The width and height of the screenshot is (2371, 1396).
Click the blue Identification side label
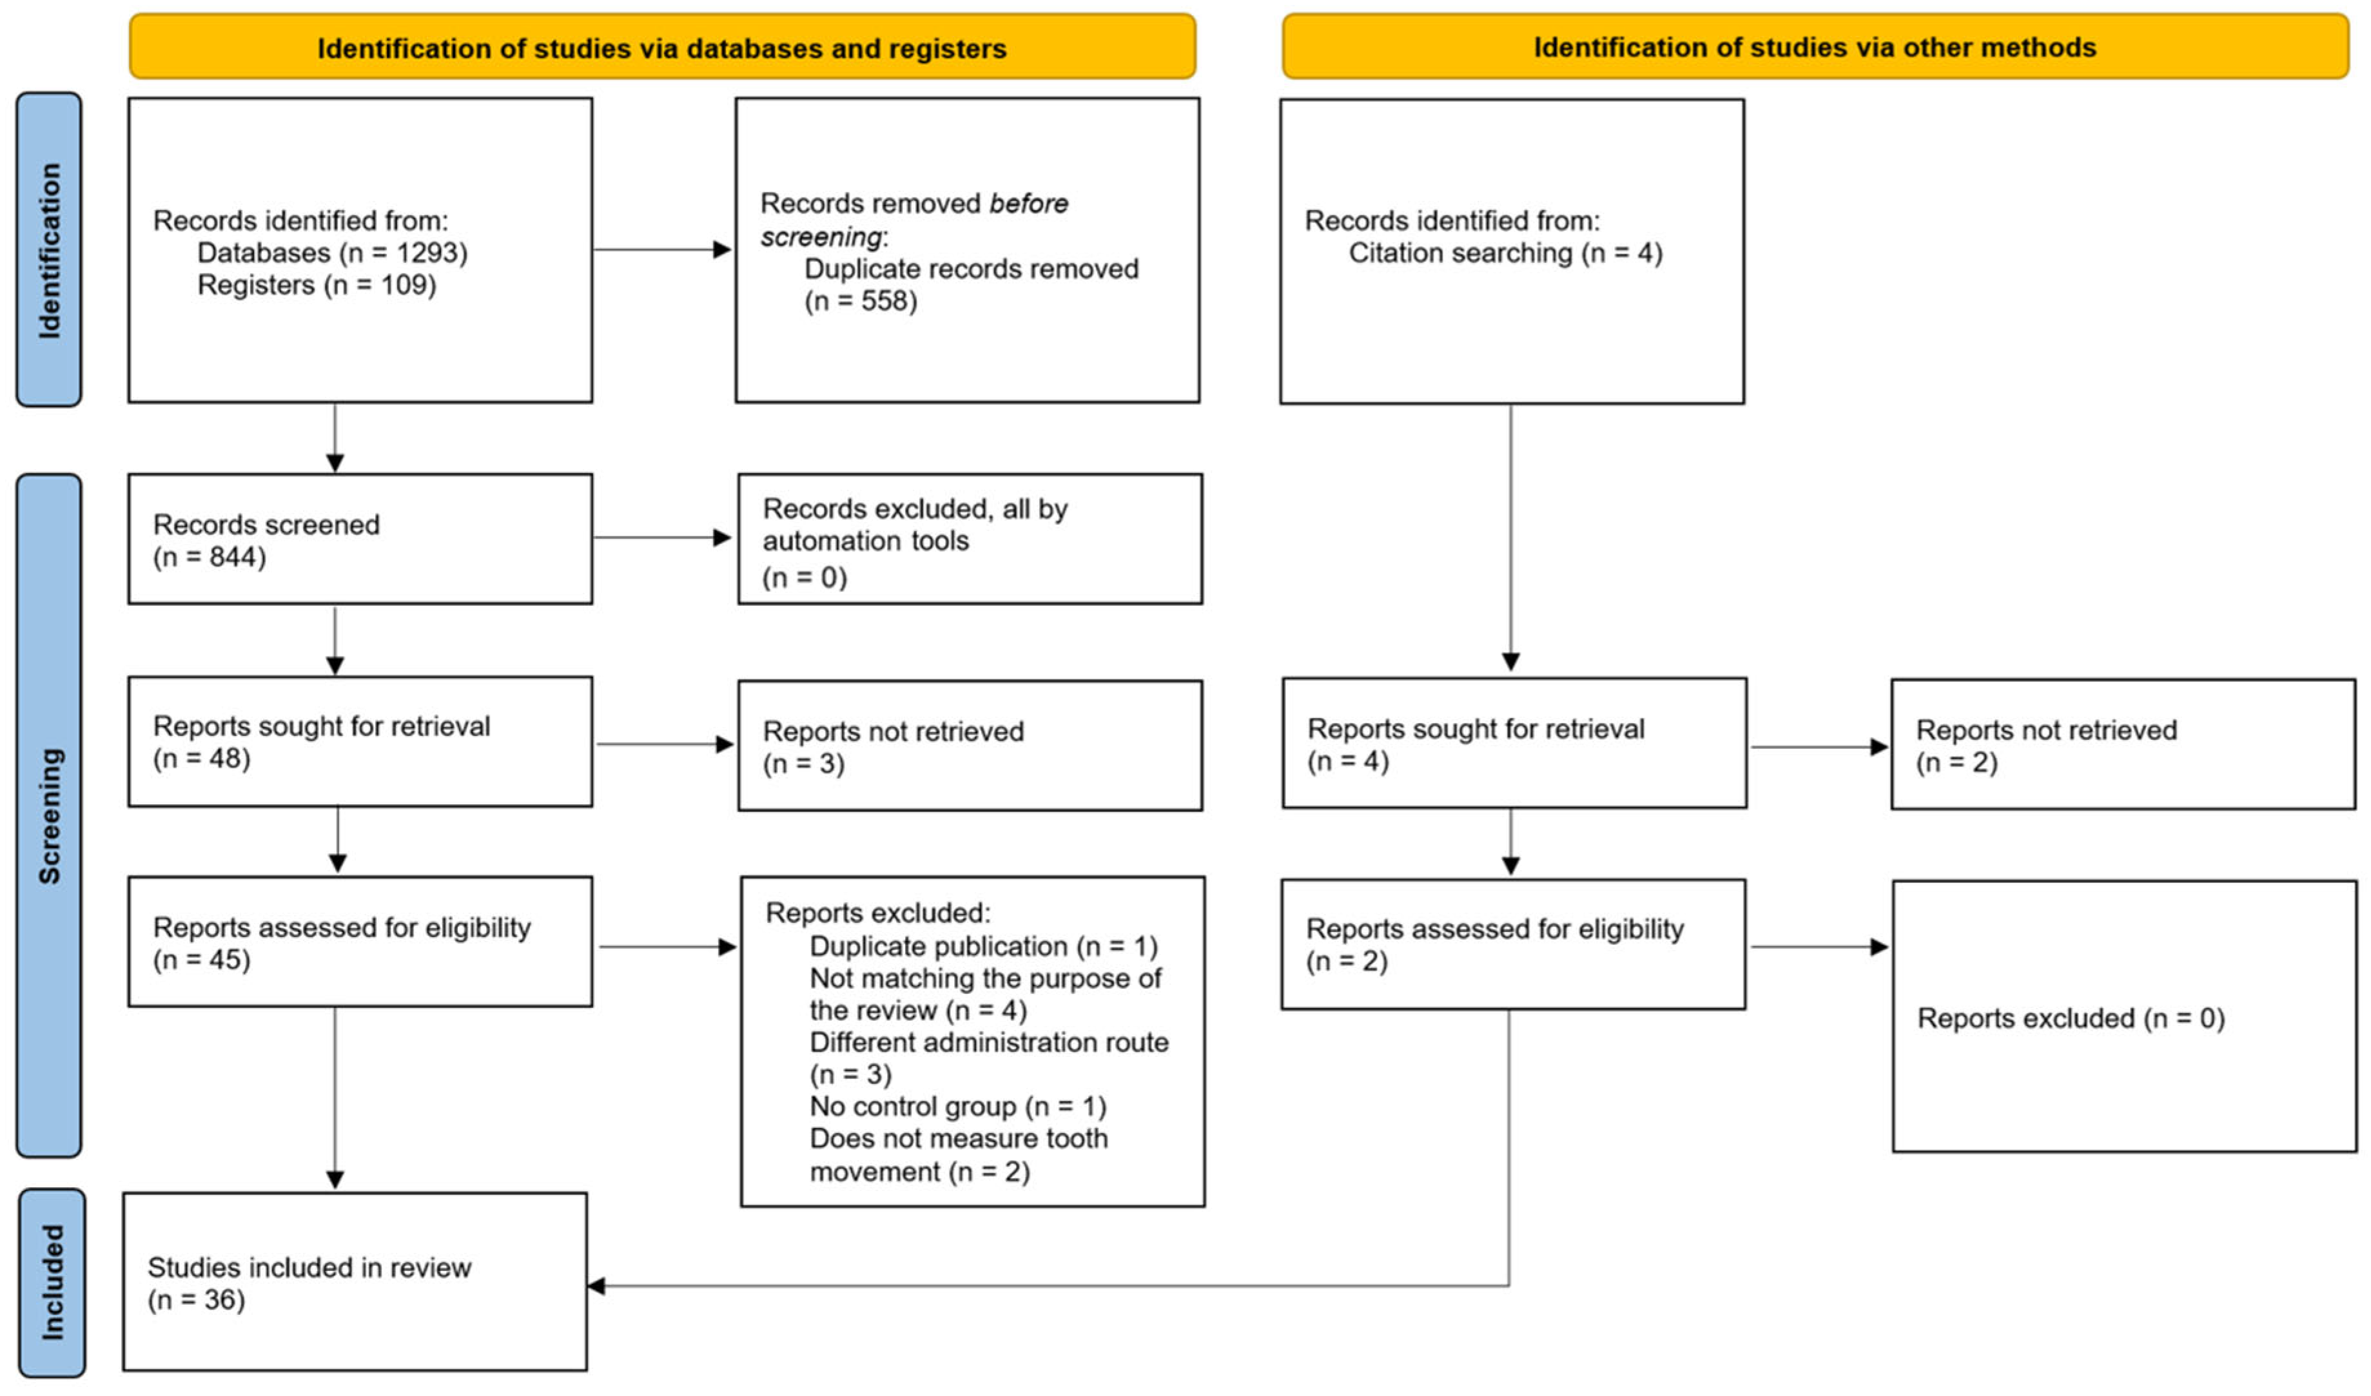(x=49, y=250)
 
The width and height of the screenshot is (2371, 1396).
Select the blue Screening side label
(x=49, y=815)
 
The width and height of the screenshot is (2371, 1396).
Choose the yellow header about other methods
(x=1814, y=47)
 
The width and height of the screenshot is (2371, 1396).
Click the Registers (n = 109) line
(x=317, y=285)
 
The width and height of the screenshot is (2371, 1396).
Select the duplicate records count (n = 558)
(x=860, y=301)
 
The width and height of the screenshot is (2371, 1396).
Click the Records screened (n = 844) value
(x=210, y=557)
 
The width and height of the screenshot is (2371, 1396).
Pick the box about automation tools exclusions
(x=969, y=539)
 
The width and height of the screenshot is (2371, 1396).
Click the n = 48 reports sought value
(x=202, y=758)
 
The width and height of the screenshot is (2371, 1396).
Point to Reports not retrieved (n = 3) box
(x=969, y=745)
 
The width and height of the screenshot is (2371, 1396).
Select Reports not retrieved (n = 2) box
(x=2123, y=745)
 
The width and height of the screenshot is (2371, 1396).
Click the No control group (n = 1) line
(x=958, y=1106)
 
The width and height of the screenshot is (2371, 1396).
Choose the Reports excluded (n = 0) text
(x=2070, y=1018)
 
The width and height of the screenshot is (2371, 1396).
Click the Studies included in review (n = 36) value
(x=197, y=1300)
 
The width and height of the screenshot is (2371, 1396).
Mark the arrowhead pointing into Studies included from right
(x=596, y=1286)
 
